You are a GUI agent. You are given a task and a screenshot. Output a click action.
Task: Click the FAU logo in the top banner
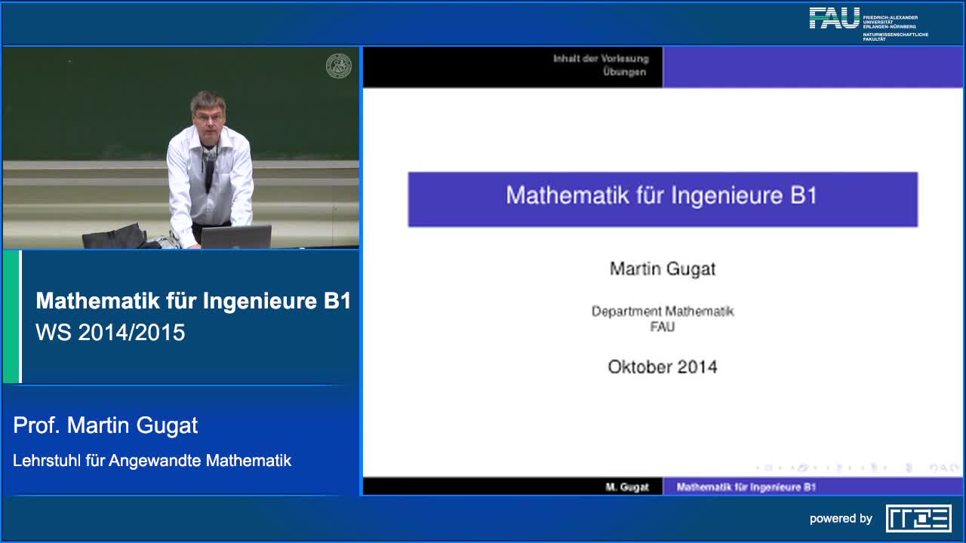tap(834, 18)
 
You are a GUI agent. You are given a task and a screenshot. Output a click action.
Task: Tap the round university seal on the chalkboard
tap(338, 66)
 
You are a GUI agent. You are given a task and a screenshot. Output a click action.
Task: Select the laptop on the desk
tap(235, 237)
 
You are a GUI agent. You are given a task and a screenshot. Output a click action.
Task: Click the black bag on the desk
tap(115, 237)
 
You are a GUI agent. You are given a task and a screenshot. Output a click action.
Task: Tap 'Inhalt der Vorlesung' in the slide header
tap(600, 58)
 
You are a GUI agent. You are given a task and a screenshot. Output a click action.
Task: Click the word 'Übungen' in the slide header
tap(624, 72)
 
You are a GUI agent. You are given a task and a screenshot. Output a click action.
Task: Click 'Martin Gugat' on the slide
tap(662, 268)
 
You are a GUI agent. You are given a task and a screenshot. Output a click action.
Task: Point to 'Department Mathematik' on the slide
tap(662, 311)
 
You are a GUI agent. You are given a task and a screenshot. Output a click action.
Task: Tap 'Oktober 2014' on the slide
tap(662, 367)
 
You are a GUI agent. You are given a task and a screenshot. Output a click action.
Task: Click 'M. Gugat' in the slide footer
tap(627, 487)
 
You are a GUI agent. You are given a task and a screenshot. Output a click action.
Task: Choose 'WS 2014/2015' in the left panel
tap(110, 333)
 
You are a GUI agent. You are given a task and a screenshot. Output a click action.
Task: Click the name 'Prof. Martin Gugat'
tap(106, 425)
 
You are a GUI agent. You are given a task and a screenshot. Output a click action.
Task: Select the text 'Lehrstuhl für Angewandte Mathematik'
tap(152, 460)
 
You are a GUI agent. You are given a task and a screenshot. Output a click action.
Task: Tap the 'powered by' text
tap(841, 519)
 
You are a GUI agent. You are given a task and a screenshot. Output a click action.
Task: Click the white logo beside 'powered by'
tap(918, 518)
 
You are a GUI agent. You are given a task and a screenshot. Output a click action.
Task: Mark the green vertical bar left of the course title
tap(11, 317)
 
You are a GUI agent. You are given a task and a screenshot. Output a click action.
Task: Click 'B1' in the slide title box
tap(804, 195)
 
